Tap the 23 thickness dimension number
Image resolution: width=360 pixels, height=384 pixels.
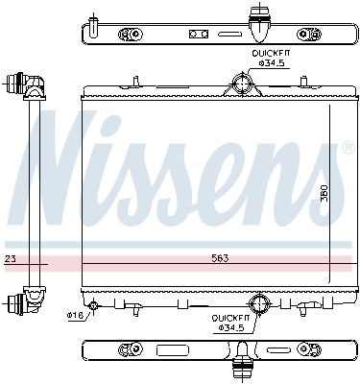10,259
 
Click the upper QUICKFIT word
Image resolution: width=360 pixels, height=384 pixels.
271,54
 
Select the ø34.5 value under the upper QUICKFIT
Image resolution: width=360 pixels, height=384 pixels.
273,63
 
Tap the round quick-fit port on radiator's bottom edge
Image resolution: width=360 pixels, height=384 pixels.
259,300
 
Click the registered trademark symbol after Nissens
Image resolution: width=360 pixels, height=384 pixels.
347,148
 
